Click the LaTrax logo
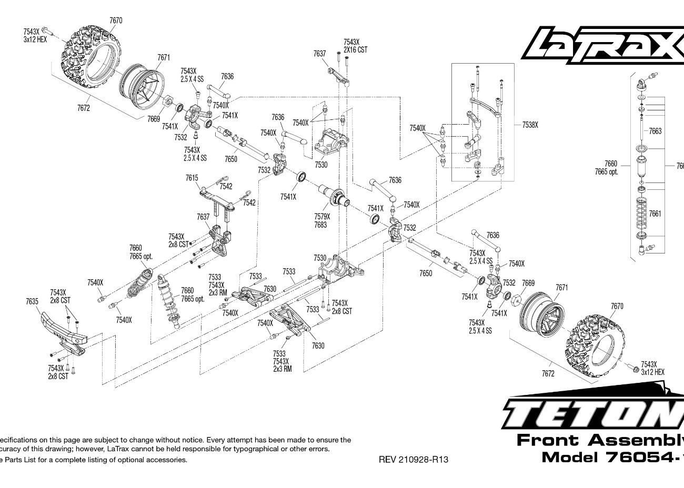602,45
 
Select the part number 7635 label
32,301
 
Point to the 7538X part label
530,125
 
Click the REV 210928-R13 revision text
414,460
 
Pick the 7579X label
321,217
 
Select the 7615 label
192,178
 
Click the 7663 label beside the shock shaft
655,131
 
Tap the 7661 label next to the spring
655,213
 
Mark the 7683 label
320,225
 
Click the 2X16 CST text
356,49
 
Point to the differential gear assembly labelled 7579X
335,197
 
